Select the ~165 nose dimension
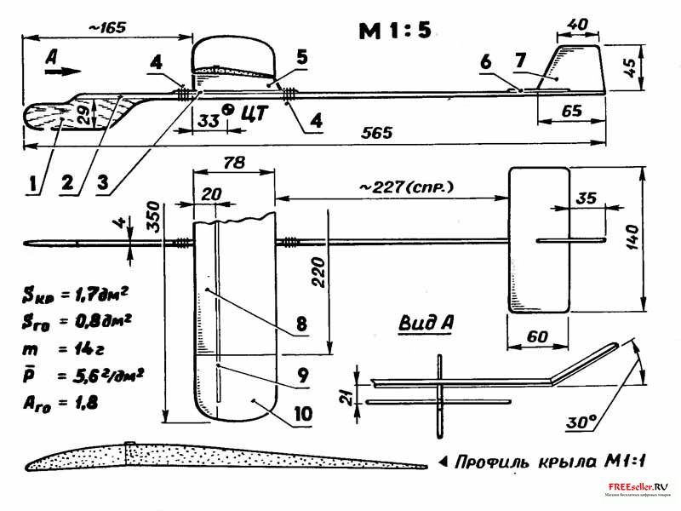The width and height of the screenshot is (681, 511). tap(106, 27)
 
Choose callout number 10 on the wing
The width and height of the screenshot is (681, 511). tap(295, 414)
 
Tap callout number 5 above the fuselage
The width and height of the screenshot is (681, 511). tap(302, 57)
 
